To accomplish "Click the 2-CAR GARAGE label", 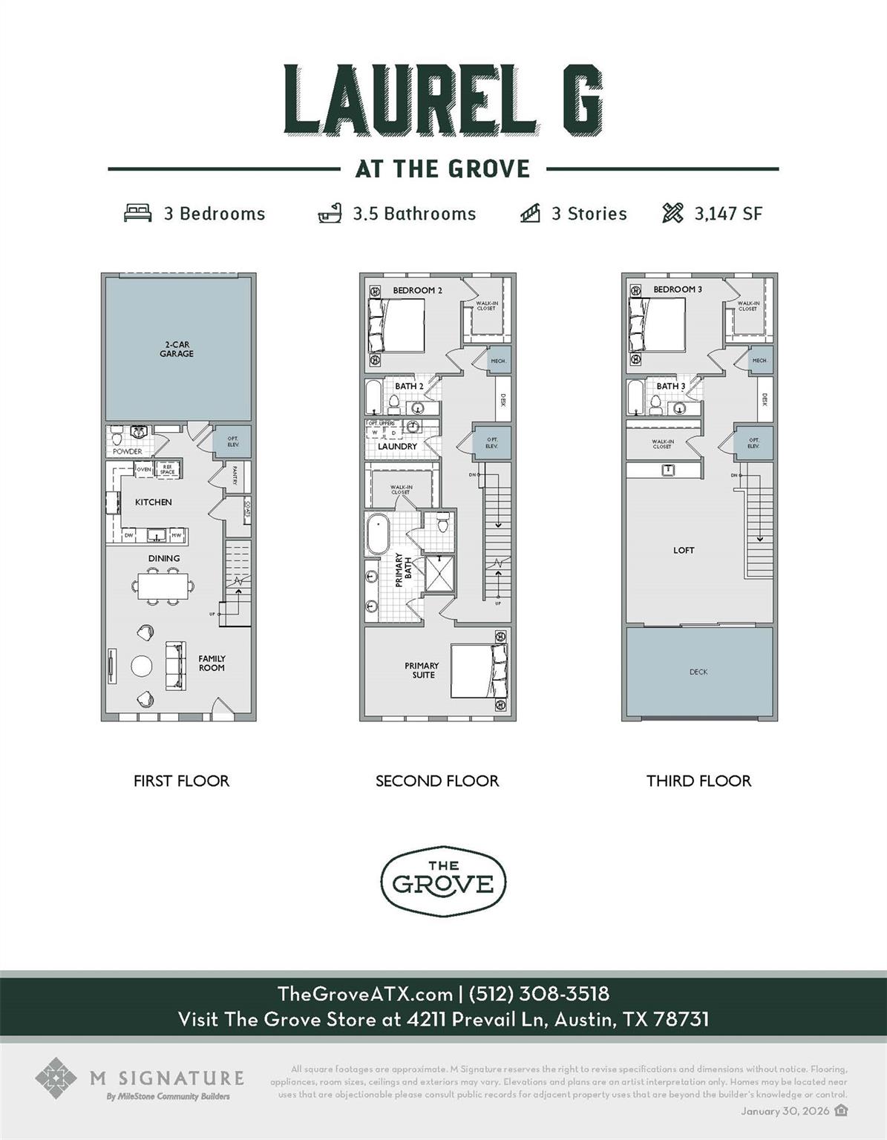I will tap(177, 350).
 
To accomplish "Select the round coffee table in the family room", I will tap(142, 666).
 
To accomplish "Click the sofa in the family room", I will tap(175, 665).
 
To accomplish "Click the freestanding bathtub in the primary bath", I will tap(377, 533).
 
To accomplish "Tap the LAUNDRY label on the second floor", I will tap(397, 447).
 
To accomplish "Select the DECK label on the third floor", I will tap(698, 672).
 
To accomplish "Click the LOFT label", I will tap(684, 550).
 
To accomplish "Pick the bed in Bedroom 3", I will tap(656, 325).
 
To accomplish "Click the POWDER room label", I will tap(128, 451).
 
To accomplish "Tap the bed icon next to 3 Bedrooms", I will tap(137, 214).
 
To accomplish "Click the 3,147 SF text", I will tap(728, 214).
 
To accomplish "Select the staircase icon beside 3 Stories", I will tap(530, 214).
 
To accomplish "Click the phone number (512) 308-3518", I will tap(539, 994).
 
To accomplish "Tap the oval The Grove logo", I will tap(443, 881).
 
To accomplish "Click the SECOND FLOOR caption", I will tap(437, 781).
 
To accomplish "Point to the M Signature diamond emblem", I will tap(56, 1078).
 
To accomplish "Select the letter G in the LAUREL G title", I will tap(576, 99).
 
